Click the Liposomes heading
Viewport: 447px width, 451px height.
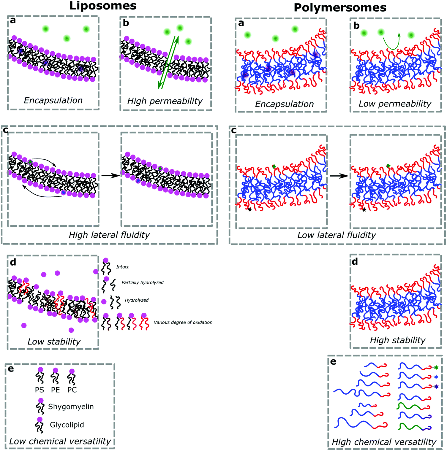coord(103,6)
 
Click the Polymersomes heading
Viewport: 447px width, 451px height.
coord(340,7)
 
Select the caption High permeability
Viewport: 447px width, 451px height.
coord(165,101)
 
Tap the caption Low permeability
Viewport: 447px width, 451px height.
coord(395,104)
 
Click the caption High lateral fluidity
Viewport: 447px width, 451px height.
coord(109,235)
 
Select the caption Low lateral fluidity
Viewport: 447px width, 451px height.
coord(337,235)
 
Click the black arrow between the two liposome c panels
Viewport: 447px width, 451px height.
coord(110,176)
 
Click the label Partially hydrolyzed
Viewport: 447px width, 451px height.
coord(143,282)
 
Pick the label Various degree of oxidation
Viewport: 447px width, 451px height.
coord(183,322)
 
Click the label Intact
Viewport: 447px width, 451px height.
coord(122,267)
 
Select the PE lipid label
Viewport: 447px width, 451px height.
coord(56,390)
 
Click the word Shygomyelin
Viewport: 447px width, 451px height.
coord(71,406)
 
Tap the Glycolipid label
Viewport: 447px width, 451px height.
coord(67,425)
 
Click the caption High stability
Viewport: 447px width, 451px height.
coord(397,340)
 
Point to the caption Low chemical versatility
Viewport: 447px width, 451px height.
coord(60,441)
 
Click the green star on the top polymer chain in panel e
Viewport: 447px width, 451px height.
coord(436,367)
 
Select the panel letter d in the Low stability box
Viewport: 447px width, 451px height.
coord(13,262)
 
